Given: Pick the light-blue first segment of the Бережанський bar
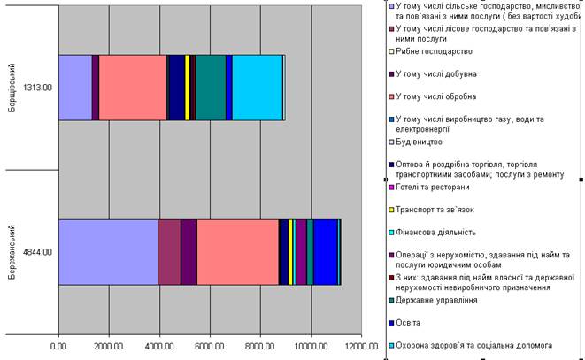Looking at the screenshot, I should pos(108,252).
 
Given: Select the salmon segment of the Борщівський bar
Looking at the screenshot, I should pos(133,87).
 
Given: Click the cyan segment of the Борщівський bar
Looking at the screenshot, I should pos(257,87).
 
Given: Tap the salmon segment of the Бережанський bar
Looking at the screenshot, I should pos(237,252).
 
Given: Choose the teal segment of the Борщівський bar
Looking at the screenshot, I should pos(211,87).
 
